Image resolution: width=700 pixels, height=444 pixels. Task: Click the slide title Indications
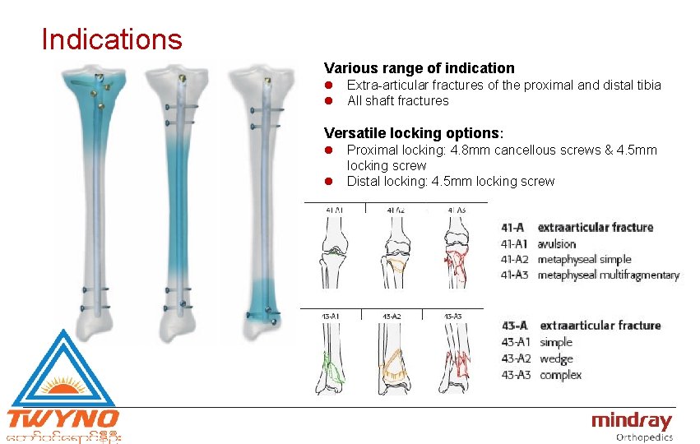point(112,39)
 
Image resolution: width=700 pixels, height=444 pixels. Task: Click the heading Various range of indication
point(419,68)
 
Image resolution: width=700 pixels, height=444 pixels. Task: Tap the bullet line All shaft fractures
point(397,101)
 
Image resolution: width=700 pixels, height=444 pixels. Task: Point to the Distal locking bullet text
point(450,181)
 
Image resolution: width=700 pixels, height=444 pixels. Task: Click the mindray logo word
point(631,421)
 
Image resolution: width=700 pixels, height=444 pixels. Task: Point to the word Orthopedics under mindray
point(644,437)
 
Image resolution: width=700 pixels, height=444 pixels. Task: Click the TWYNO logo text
point(63,418)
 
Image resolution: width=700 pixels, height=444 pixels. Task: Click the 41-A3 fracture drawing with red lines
point(455,255)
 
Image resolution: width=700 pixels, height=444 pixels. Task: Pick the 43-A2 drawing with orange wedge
point(392,358)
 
